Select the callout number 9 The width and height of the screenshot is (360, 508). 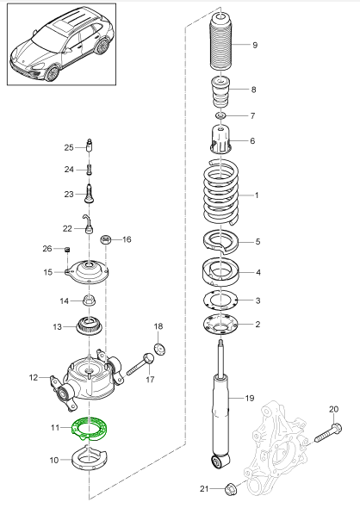click(255, 45)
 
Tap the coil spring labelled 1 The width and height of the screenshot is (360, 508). click(220, 193)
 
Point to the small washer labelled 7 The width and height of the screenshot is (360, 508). click(220, 115)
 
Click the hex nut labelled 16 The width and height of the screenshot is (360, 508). click(106, 239)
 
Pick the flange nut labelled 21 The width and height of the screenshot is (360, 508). click(231, 487)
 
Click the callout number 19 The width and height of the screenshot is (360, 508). click(250, 398)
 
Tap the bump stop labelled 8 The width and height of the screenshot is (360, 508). click(220, 93)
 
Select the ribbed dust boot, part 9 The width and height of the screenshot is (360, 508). click(220, 43)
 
